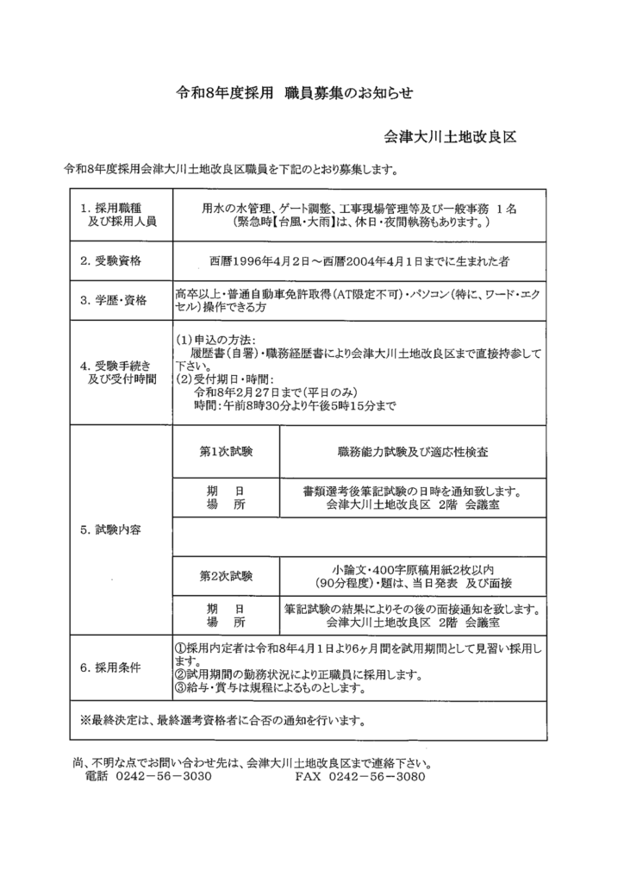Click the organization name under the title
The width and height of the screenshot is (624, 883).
click(x=450, y=137)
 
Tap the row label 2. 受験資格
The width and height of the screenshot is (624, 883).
click(x=110, y=260)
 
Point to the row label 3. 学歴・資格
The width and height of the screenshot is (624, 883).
click(x=113, y=300)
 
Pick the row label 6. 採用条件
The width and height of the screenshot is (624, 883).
click(x=110, y=667)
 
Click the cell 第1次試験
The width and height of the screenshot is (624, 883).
click(x=226, y=451)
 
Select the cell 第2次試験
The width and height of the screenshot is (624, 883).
click(x=226, y=575)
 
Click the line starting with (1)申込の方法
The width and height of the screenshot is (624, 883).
click(x=215, y=341)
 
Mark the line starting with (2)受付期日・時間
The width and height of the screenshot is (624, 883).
click(x=224, y=379)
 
